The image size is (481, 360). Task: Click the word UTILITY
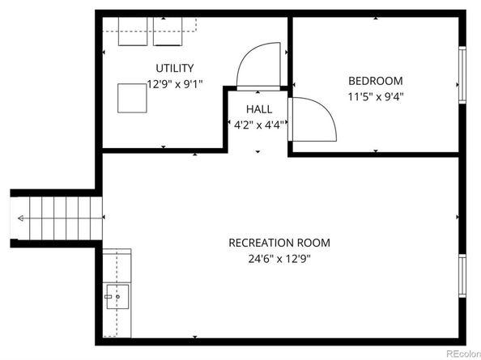(174, 69)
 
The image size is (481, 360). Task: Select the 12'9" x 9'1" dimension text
(174, 83)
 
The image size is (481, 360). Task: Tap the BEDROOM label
(375, 81)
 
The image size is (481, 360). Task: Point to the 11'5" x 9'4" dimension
(375, 96)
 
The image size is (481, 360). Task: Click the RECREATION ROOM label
(279, 243)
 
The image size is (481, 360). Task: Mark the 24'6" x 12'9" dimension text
(279, 259)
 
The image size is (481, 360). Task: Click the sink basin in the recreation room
(118, 298)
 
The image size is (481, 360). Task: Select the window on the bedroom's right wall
(462, 71)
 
